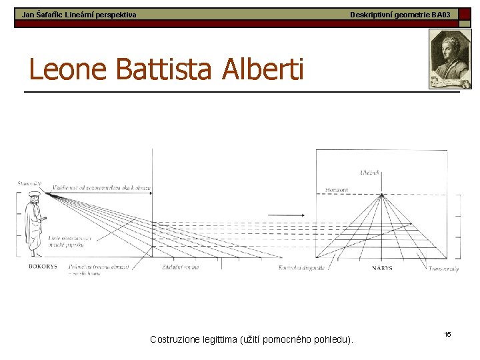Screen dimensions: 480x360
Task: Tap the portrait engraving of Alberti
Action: (450, 60)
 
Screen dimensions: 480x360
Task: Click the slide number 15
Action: (447, 333)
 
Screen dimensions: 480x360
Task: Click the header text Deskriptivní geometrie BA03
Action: (400, 14)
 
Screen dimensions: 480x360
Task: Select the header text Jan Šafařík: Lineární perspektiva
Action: (79, 14)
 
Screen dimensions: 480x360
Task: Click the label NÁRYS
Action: (382, 268)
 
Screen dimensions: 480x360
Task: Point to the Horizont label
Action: (337, 190)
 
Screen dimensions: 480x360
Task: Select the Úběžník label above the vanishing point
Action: (369, 173)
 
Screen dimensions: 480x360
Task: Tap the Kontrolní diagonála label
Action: (301, 268)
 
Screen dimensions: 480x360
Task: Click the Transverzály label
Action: (443, 268)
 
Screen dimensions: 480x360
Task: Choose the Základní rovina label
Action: (180, 267)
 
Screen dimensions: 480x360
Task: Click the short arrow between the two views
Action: (287, 215)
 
